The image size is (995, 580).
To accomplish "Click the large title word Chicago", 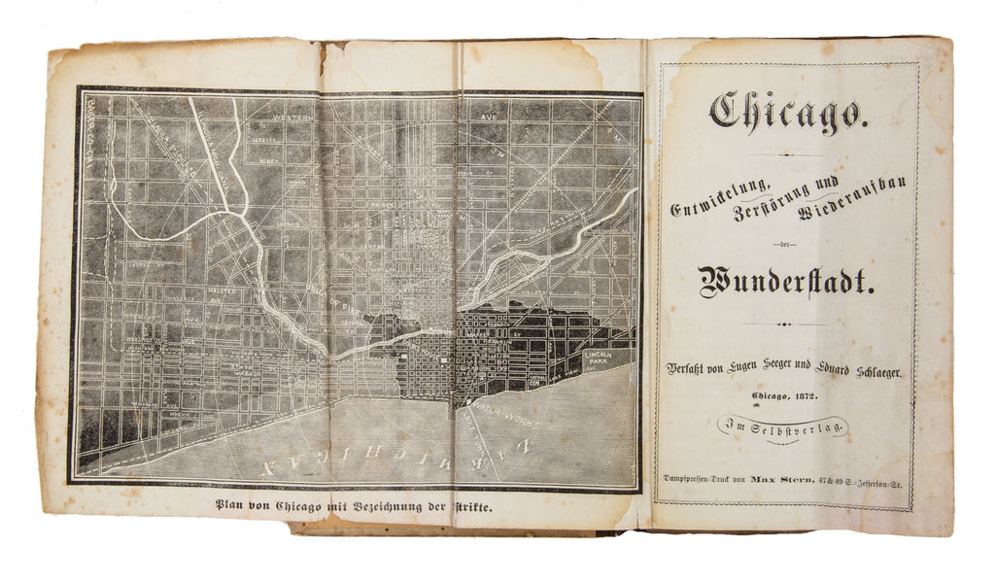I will click(784, 113).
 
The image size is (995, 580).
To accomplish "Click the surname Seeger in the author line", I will click(768, 369).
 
